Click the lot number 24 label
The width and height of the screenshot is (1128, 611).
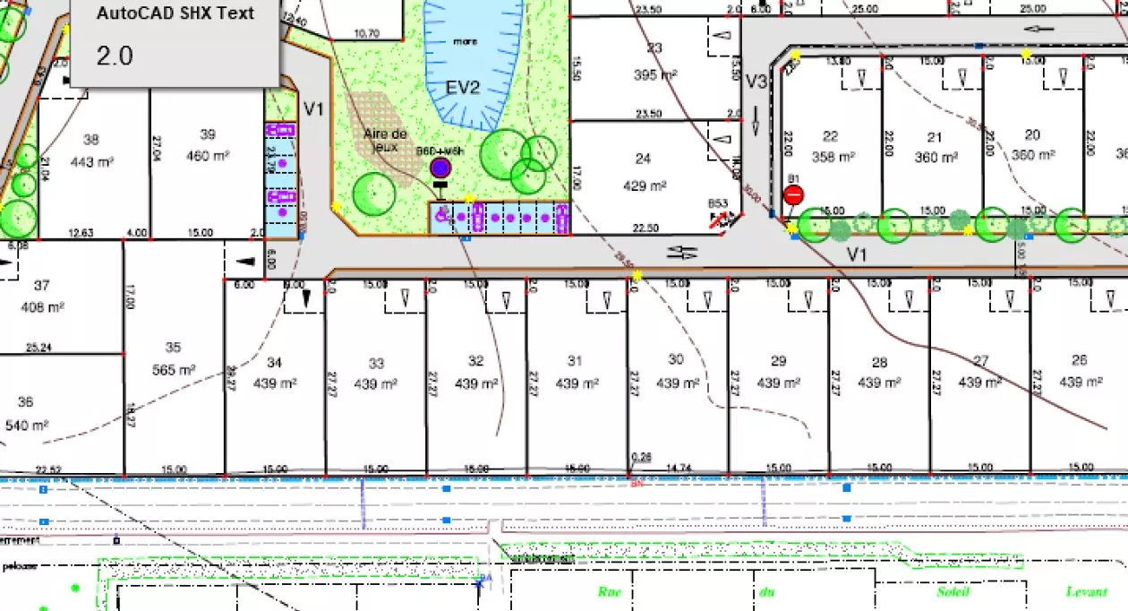tap(643, 159)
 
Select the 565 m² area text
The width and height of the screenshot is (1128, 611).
tap(174, 369)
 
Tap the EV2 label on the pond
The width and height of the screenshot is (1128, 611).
tap(464, 87)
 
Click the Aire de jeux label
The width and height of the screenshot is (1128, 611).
tap(386, 140)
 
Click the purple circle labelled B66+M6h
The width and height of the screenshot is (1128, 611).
tap(440, 168)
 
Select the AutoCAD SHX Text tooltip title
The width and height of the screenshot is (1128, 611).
tap(175, 13)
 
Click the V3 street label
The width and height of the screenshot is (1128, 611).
tap(756, 82)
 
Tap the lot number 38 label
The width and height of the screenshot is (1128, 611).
tap(90, 139)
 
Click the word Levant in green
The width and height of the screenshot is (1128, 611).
tap(1087, 591)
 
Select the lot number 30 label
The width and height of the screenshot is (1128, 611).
tap(676, 359)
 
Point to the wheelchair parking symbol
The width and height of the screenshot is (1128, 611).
tap(440, 215)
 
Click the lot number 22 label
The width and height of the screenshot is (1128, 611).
tap(831, 136)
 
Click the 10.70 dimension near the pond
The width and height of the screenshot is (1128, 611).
tap(367, 34)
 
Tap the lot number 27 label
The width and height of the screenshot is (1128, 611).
tap(981, 361)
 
